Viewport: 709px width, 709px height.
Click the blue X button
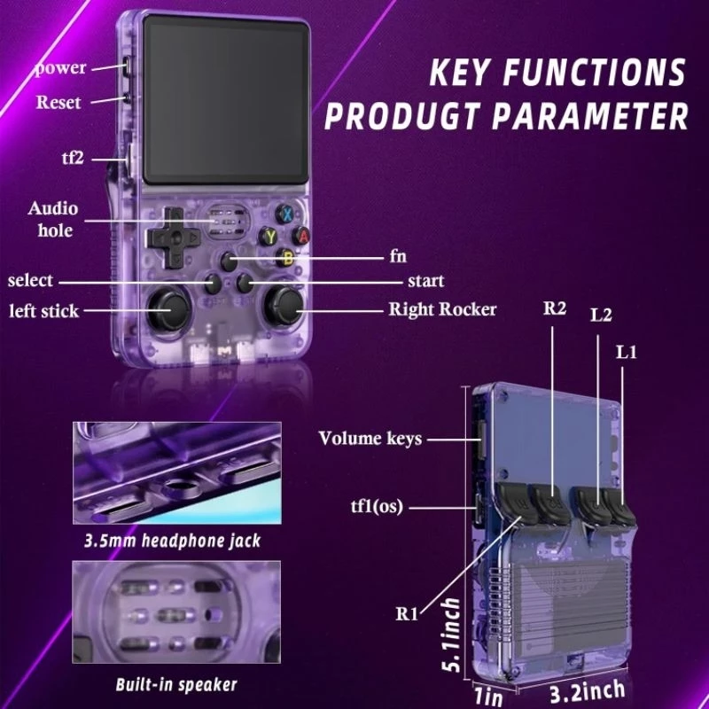tap(285, 214)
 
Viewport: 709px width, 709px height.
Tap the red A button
tap(301, 236)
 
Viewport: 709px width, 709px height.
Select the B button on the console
tap(285, 258)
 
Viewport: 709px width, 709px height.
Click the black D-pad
tap(173, 238)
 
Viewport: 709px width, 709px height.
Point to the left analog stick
tap(168, 309)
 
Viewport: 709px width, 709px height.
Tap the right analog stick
tap(284, 307)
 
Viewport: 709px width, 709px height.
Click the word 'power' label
tap(60, 68)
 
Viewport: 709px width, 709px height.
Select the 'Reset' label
tap(58, 102)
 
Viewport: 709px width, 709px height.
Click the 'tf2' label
tap(73, 159)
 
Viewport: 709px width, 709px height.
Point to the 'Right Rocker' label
tap(442, 309)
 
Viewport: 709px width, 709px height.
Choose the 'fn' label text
tap(398, 256)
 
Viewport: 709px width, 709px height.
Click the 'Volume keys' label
tap(370, 439)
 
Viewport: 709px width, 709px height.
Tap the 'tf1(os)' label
tap(377, 506)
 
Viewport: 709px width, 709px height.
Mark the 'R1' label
tap(407, 614)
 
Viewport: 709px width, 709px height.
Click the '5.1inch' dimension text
tap(451, 635)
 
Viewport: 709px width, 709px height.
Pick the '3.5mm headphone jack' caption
tap(172, 541)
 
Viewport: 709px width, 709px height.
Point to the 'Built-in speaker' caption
tap(176, 684)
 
